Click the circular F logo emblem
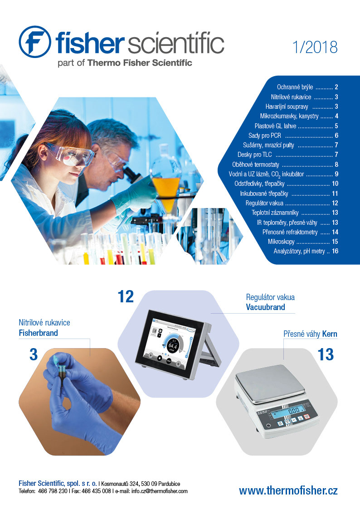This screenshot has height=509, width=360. (x=35, y=42)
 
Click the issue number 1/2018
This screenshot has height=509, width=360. (x=315, y=48)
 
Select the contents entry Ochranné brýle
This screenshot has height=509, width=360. (x=295, y=87)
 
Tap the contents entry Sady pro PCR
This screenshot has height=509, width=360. (x=265, y=136)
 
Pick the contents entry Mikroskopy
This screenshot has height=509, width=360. (x=281, y=242)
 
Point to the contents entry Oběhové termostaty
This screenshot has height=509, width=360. (x=255, y=165)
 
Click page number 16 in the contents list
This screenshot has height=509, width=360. (x=335, y=251)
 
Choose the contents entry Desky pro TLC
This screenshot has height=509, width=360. (x=254, y=155)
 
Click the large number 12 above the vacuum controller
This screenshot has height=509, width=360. (x=126, y=297)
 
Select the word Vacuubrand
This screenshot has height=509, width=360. (x=265, y=307)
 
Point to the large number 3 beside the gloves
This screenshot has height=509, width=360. (x=34, y=354)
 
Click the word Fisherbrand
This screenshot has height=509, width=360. (x=38, y=333)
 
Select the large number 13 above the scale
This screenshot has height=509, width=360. (x=326, y=354)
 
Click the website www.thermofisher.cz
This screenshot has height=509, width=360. (x=288, y=490)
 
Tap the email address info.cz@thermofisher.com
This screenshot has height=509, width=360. (x=160, y=491)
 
